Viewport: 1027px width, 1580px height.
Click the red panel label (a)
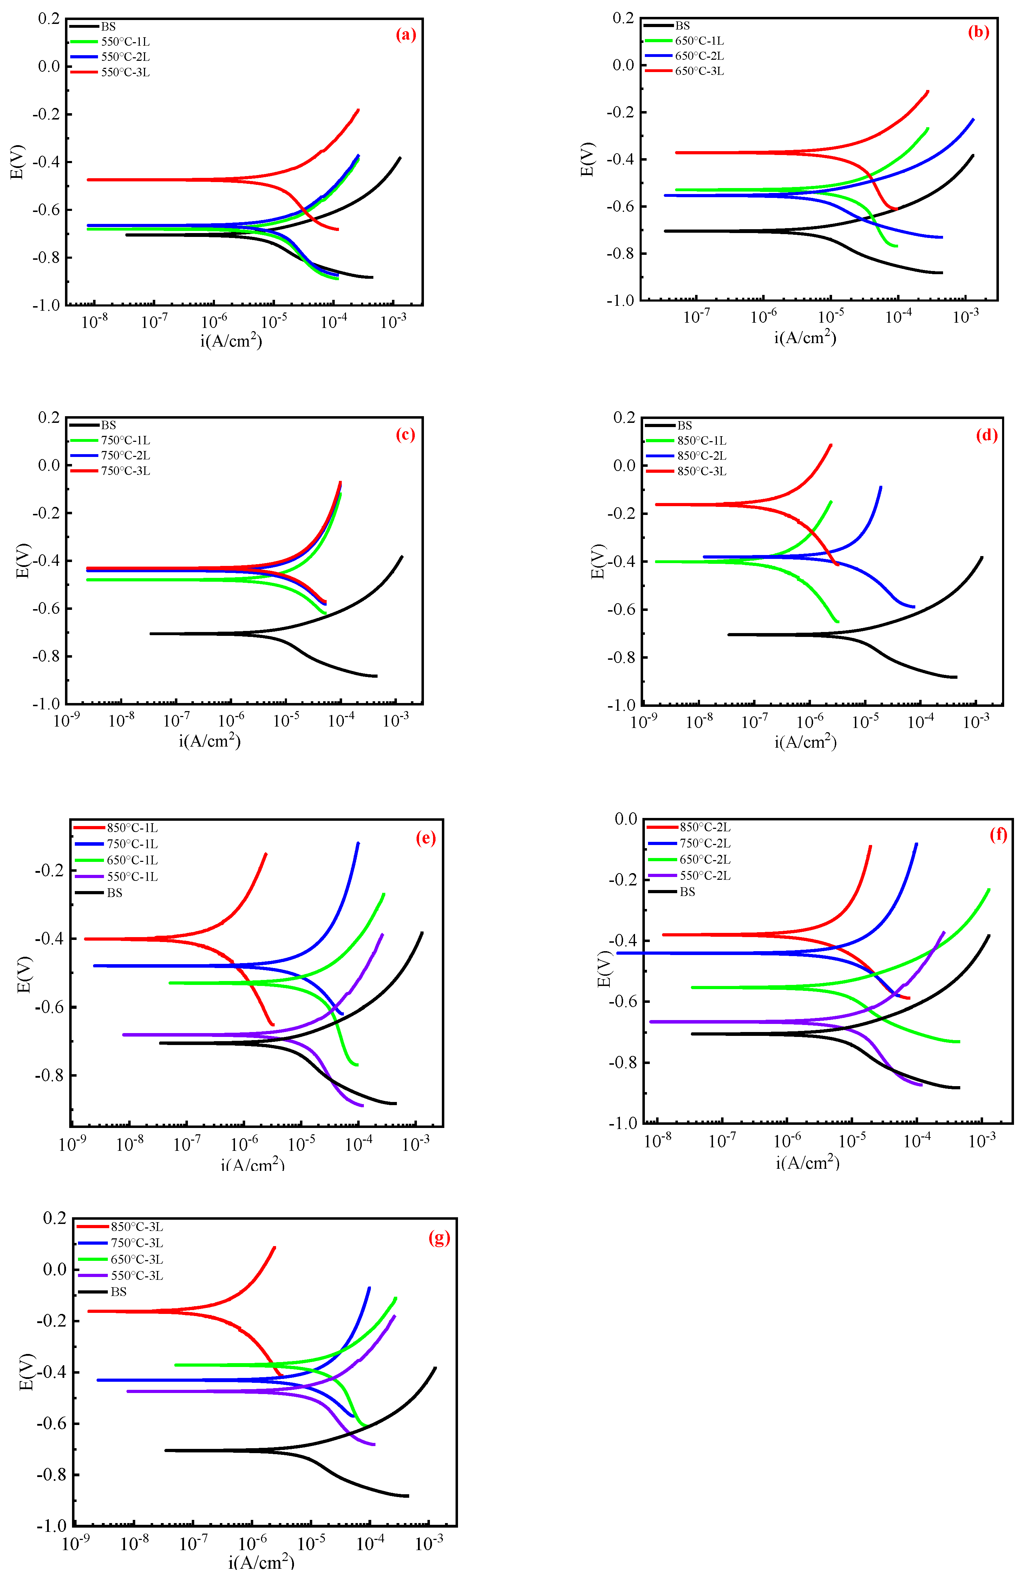pos(405,34)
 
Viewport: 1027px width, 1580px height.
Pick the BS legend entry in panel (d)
pos(684,426)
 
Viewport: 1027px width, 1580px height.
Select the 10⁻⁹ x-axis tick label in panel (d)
pos(643,721)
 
